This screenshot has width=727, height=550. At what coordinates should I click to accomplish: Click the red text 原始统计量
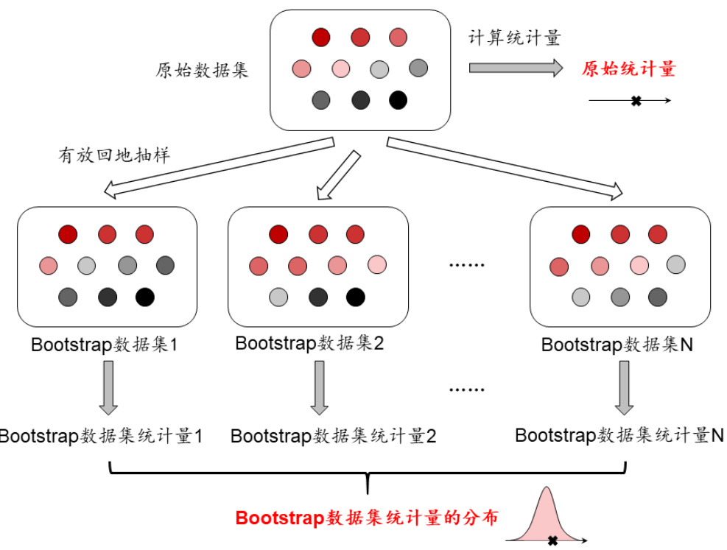[x=628, y=69]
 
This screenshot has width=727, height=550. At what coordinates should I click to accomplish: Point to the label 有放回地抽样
[x=114, y=155]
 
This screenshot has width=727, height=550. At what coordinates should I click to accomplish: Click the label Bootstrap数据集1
[x=105, y=345]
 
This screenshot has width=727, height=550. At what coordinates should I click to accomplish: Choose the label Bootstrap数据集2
[x=310, y=343]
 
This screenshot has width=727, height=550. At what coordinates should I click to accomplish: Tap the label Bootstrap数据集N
[x=617, y=345]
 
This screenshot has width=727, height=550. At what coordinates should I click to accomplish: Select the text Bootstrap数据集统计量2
[x=334, y=436]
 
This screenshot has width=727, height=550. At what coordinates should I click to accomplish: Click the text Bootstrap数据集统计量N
[x=619, y=434]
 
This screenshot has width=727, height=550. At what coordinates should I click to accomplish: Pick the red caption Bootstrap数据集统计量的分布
[x=367, y=518]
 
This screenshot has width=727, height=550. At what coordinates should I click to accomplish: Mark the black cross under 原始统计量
[x=636, y=100]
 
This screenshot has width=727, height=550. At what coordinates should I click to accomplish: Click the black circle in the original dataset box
[x=398, y=99]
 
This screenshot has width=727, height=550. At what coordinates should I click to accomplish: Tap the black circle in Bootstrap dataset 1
[x=145, y=297]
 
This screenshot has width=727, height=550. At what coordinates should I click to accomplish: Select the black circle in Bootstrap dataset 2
[x=356, y=297]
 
